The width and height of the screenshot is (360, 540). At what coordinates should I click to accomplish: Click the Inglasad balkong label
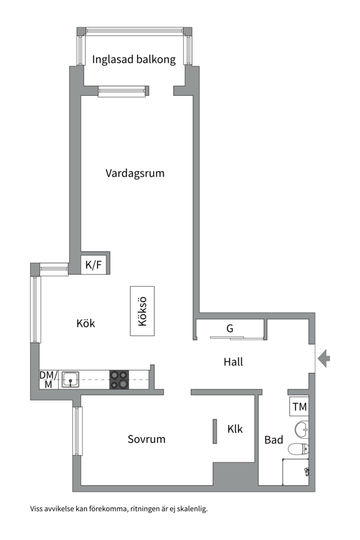[x=134, y=59]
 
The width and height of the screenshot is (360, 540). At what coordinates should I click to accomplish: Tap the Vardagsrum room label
[x=135, y=173]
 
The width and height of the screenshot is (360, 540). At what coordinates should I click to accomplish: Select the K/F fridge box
[x=93, y=265]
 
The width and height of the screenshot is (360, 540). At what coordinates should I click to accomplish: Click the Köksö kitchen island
[x=142, y=311]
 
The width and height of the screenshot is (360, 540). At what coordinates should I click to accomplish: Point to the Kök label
[x=86, y=323]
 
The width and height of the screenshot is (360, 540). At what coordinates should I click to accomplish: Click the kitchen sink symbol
[x=71, y=379]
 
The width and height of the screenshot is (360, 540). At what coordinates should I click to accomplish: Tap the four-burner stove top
[x=119, y=379]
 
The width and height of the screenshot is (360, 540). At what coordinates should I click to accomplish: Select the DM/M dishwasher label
[x=48, y=379]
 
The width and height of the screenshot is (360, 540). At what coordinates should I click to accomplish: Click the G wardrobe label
[x=230, y=328]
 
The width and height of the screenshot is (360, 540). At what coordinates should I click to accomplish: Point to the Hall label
[x=233, y=361]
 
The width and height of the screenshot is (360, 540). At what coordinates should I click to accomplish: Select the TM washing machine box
[x=299, y=407]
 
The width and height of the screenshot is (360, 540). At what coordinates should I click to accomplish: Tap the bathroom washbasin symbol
[x=302, y=428]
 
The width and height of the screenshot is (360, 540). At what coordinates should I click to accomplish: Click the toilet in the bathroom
[x=299, y=448]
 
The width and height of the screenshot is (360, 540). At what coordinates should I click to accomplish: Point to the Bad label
[x=273, y=440]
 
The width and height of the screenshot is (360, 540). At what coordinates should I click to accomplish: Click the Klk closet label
[x=235, y=428]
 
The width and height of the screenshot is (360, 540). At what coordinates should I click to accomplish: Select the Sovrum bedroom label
[x=146, y=439]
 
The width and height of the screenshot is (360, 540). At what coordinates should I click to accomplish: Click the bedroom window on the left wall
[x=77, y=431]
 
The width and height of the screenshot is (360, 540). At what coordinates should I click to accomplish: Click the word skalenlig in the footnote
[x=192, y=509]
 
